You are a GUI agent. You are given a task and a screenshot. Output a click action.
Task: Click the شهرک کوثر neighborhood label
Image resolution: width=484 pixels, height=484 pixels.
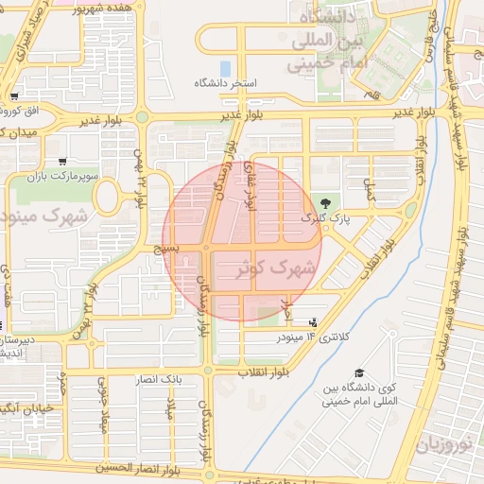[277, 268]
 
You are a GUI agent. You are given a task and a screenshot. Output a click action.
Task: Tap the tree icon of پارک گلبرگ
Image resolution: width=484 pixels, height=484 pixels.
[326, 202]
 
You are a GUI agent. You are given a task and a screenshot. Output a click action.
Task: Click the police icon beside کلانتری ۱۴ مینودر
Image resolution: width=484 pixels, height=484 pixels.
[313, 323]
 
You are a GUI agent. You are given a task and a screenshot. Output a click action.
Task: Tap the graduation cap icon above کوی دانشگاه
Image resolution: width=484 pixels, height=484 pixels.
[358, 373]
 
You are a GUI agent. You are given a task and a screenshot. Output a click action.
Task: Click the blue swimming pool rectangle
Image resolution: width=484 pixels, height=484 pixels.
[225, 69]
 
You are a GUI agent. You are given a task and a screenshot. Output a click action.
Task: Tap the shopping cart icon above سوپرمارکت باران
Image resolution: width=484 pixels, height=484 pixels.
[61, 162]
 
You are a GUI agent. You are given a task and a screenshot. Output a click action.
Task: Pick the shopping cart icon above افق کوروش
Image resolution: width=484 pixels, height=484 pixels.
[14, 96]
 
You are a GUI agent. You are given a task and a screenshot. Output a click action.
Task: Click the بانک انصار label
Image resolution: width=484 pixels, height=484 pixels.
[158, 379]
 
